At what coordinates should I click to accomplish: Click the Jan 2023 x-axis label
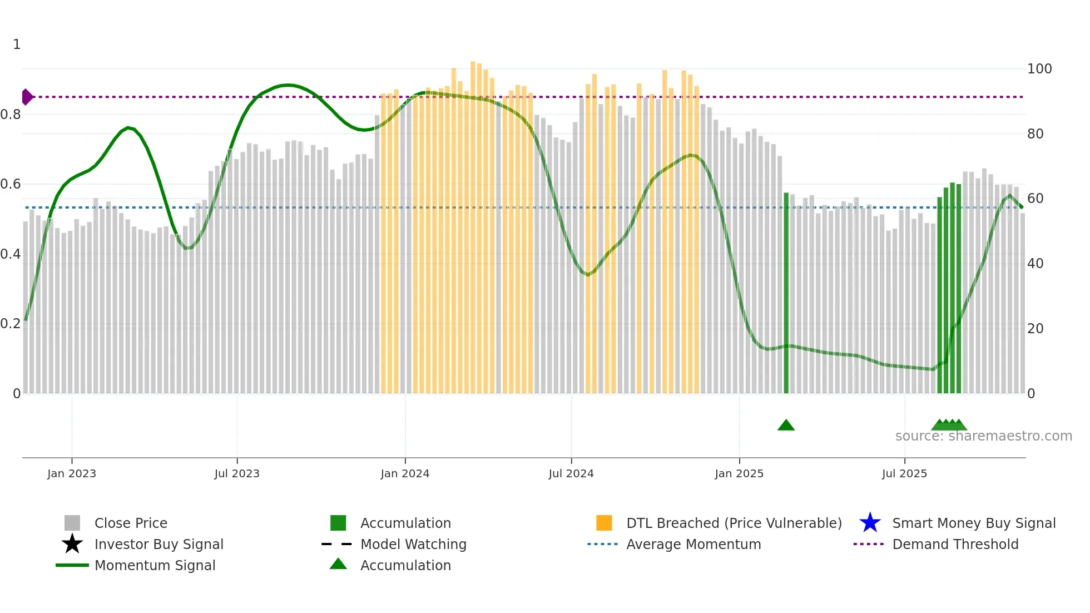(72, 474)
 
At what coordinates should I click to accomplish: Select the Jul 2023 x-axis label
(237, 474)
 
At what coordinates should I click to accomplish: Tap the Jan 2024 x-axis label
(405, 474)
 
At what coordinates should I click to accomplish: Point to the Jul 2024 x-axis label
(571, 474)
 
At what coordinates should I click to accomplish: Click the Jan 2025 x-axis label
(739, 474)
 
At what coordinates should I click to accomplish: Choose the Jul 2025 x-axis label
(904, 474)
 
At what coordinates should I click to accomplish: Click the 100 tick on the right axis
(1039, 69)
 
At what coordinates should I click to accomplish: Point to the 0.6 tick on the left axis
(11, 184)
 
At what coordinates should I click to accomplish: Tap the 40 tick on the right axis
(1035, 264)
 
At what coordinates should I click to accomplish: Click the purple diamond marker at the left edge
(27, 97)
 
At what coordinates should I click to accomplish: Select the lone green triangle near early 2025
(786, 426)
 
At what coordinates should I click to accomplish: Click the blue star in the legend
(870, 523)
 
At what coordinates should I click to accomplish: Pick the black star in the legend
(72, 544)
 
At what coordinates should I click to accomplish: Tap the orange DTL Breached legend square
(604, 523)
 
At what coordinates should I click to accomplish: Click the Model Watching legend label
(413, 544)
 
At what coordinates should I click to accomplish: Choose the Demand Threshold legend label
(955, 544)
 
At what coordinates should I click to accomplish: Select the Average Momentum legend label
(693, 544)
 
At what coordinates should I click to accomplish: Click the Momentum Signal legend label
(155, 565)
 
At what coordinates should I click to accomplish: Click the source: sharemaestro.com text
(983, 436)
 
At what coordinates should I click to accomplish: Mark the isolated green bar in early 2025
(786, 293)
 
